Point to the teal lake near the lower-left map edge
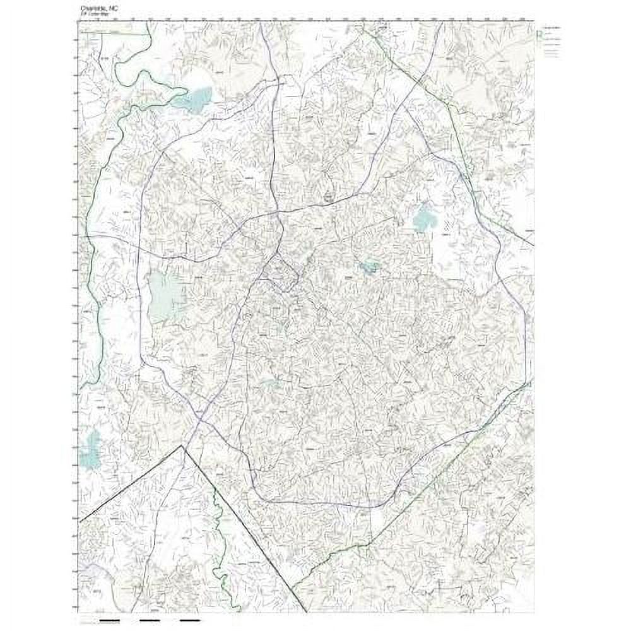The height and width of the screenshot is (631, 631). pyautogui.click(x=91, y=449)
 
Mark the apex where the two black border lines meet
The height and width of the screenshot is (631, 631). pyautogui.click(x=182, y=446)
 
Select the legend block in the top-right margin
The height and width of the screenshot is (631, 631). pyautogui.click(x=552, y=42)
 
